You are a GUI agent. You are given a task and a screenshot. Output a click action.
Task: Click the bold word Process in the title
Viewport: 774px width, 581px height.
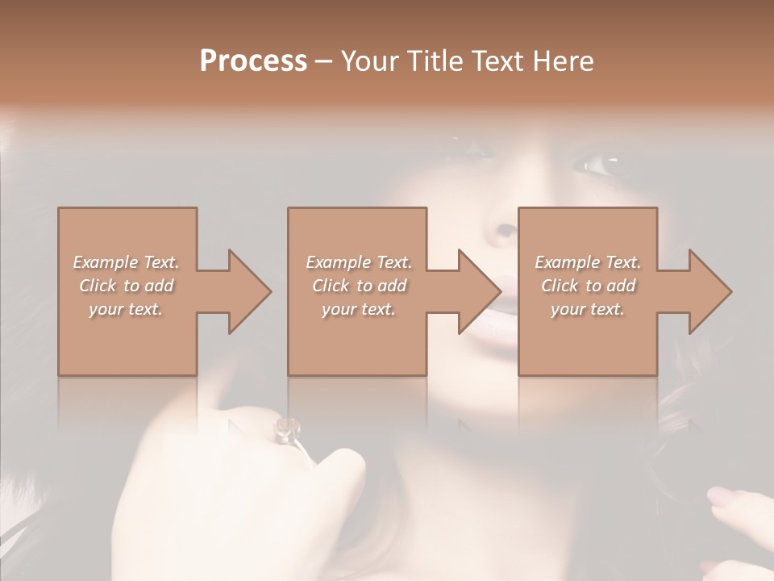click(x=253, y=61)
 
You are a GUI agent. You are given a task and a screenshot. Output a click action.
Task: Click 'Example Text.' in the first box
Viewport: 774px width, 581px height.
click(x=126, y=262)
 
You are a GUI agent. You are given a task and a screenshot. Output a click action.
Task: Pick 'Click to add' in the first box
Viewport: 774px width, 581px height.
click(x=126, y=286)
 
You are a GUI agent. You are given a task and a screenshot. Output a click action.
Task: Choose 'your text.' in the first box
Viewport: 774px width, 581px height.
click(x=126, y=309)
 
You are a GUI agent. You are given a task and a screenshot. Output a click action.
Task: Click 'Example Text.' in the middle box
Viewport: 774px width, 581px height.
click(x=358, y=262)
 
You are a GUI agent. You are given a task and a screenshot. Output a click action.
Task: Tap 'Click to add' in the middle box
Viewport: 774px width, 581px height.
click(x=358, y=286)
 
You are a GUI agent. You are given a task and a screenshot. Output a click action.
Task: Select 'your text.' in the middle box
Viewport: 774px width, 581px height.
click(x=358, y=309)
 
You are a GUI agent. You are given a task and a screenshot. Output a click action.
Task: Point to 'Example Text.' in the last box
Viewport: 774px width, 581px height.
click(x=588, y=262)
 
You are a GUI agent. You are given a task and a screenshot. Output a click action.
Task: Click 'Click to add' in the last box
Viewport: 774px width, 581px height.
click(x=588, y=286)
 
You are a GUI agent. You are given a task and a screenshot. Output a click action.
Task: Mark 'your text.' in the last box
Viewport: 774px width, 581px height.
click(x=588, y=309)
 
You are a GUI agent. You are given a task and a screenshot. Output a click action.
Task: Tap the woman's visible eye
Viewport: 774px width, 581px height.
click(x=594, y=165)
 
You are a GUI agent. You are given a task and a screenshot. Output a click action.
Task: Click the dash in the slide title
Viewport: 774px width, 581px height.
click(x=324, y=62)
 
